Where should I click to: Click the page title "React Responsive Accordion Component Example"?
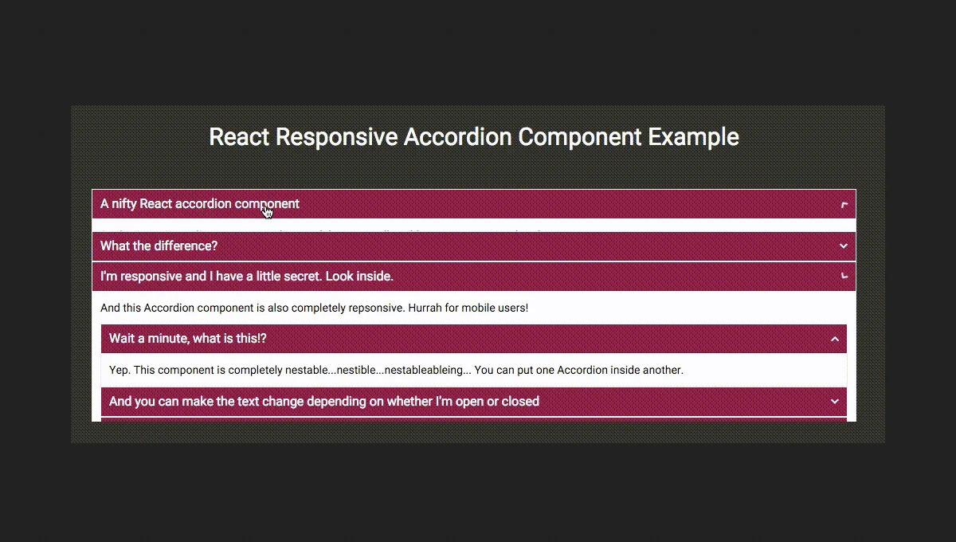click(x=474, y=137)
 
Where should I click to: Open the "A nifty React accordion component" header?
click(x=199, y=204)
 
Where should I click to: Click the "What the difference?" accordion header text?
click(x=159, y=245)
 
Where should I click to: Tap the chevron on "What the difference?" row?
click(x=844, y=246)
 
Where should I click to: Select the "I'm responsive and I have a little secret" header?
click(x=247, y=277)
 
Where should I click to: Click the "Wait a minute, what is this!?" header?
click(x=188, y=339)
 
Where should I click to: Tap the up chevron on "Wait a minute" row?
click(x=835, y=339)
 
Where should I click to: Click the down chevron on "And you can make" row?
click(x=835, y=402)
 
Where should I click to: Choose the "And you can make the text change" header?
click(x=324, y=402)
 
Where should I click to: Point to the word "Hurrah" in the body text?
click(x=426, y=308)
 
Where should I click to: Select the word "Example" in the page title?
click(x=693, y=137)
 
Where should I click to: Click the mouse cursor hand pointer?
click(x=267, y=211)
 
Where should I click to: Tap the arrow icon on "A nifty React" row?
click(x=844, y=205)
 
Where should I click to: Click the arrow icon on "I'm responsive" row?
click(x=844, y=277)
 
